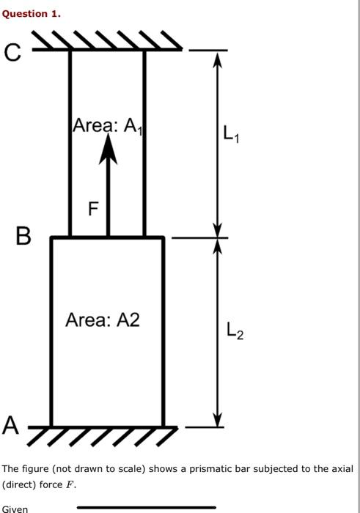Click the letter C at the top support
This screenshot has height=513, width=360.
click(x=12, y=52)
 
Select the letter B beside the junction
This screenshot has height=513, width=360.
click(x=23, y=236)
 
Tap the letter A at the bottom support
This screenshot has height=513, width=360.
click(x=11, y=424)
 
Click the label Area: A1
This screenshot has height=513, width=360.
click(x=106, y=126)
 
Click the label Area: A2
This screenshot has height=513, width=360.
click(x=102, y=320)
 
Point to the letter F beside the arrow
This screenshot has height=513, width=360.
click(x=93, y=210)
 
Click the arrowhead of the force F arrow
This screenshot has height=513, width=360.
click(x=109, y=148)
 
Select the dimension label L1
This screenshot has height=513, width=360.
click(x=230, y=134)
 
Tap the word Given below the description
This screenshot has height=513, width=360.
click(x=15, y=509)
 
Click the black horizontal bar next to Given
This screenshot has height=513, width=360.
click(x=147, y=507)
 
